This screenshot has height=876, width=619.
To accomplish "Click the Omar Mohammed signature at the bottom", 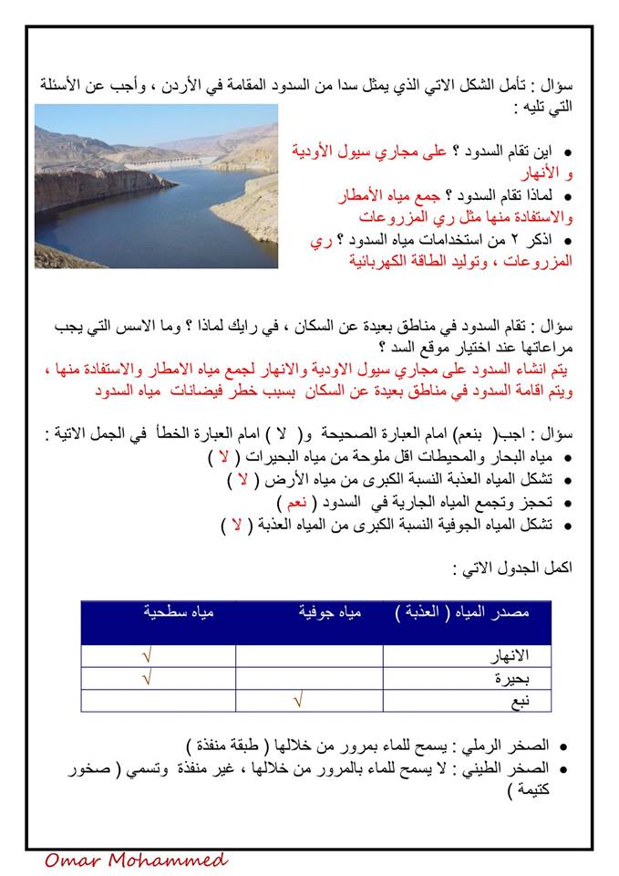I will [135, 860].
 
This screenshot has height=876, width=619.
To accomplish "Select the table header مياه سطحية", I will [178, 612].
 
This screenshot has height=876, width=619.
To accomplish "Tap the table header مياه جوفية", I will [329, 612].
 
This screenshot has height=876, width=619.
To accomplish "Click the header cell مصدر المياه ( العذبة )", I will [462, 612].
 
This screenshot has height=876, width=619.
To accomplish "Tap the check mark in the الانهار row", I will [148, 656].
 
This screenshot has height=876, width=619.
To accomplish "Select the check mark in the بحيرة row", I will [148, 678].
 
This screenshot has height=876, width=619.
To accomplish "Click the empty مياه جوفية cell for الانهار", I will [309, 656].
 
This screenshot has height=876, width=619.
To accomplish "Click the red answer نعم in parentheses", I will [291, 503].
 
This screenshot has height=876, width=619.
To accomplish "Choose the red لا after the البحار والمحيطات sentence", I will [220, 456].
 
